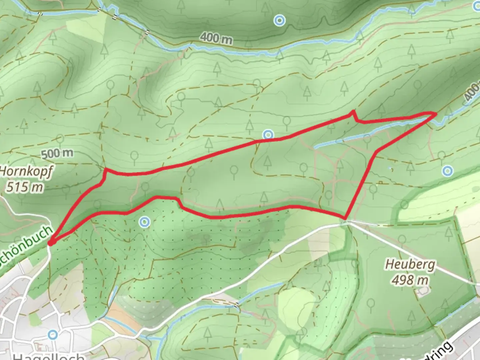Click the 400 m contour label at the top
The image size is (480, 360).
(217, 38)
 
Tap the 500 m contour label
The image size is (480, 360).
(57, 154)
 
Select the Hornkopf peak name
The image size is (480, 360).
(26, 171)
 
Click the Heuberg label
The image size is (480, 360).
(410, 265)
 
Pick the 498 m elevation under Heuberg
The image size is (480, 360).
(410, 280)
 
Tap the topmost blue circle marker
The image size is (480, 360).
(279, 21)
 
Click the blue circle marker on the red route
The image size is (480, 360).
(268, 135)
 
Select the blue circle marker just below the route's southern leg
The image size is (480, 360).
(144, 222)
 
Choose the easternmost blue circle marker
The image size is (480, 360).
(447, 171)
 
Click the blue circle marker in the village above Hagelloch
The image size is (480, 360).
(53, 334)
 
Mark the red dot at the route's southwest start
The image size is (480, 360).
(50, 243)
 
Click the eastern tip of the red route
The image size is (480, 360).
(435, 114)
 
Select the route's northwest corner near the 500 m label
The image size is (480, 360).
(106, 170)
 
